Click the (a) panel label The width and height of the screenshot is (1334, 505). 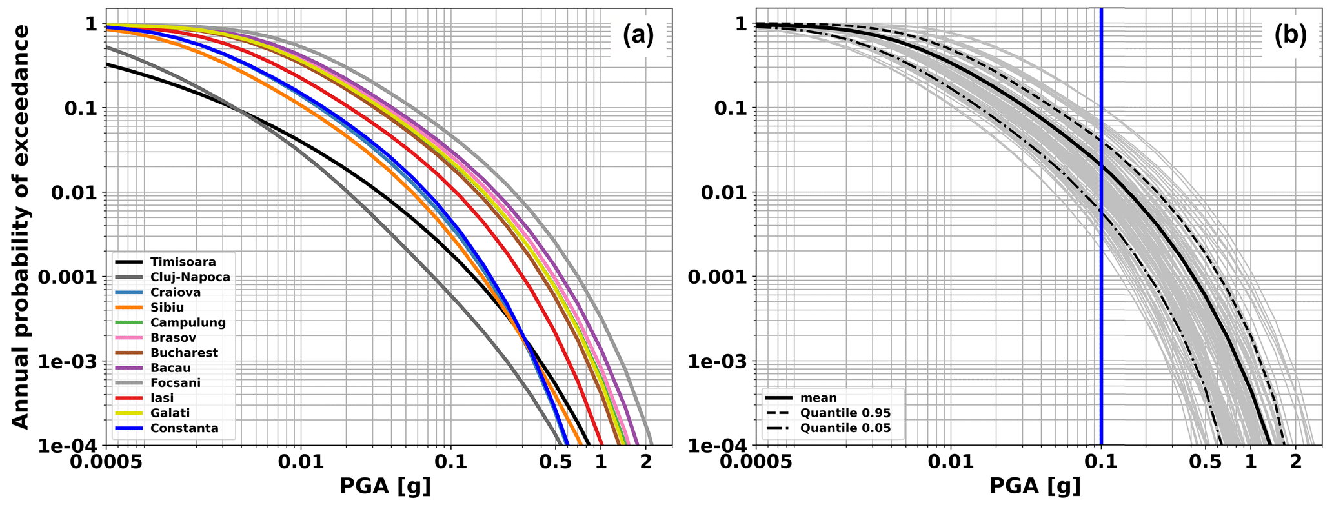638,36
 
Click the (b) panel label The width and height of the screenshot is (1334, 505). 1290,36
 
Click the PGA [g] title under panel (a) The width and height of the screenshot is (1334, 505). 385,486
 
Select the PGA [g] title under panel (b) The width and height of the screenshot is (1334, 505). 1035,486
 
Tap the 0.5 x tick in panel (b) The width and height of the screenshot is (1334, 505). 1206,462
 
